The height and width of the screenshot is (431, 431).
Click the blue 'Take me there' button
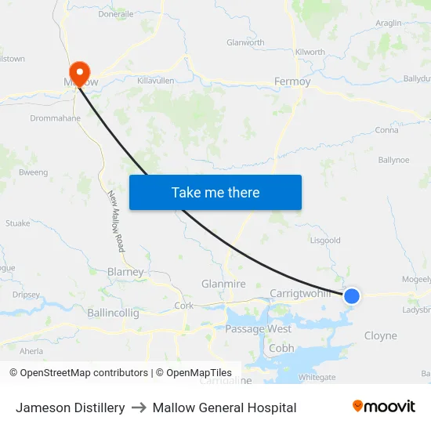coord(215,192)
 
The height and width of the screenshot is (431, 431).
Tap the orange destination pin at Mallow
coord(80,72)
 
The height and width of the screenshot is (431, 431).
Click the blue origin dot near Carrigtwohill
coord(352,295)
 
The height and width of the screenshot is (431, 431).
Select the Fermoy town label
coord(292,81)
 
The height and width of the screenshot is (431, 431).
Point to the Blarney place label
coord(125,272)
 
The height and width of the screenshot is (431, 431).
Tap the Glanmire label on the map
coord(223,284)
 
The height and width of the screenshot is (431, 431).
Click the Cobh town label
coord(281,348)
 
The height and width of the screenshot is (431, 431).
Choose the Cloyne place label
coord(381,335)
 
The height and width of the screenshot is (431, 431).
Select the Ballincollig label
coord(114,313)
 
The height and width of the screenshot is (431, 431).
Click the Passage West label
coord(258,329)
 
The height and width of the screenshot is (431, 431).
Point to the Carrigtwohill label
coord(302,293)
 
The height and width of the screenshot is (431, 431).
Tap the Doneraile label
coord(116,14)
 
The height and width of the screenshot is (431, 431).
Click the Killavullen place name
coord(155,80)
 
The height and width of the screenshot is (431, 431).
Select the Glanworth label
coord(245,43)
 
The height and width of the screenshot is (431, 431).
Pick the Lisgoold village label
coord(325,241)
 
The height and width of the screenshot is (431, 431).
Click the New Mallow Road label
coord(116,221)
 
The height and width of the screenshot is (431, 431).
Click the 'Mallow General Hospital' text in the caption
coord(224,407)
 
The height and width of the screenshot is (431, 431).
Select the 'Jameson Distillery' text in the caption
coord(71,407)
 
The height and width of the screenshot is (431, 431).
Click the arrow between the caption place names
coord(139,407)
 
